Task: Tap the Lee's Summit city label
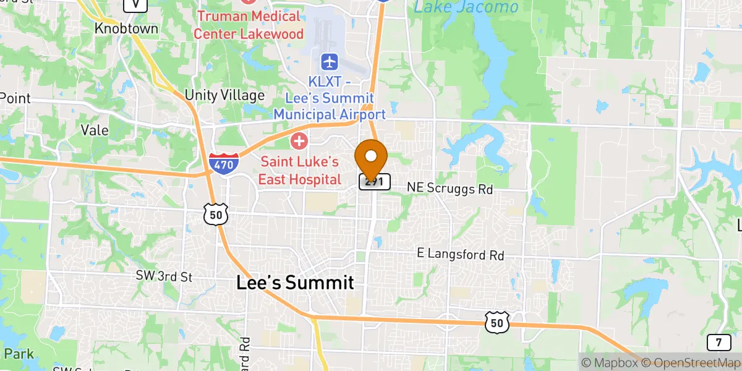(x=295, y=283)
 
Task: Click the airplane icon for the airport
(x=330, y=62)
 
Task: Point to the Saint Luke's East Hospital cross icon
(x=299, y=141)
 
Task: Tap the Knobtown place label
(x=126, y=29)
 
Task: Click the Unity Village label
(x=225, y=96)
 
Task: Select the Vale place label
(x=95, y=130)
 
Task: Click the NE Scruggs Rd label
(x=450, y=189)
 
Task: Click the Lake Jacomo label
(x=466, y=7)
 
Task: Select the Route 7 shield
(x=718, y=342)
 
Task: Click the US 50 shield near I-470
(x=216, y=214)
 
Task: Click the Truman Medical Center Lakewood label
(x=249, y=25)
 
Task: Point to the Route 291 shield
(x=375, y=182)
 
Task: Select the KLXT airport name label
(x=330, y=98)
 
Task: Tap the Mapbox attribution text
(x=609, y=363)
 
